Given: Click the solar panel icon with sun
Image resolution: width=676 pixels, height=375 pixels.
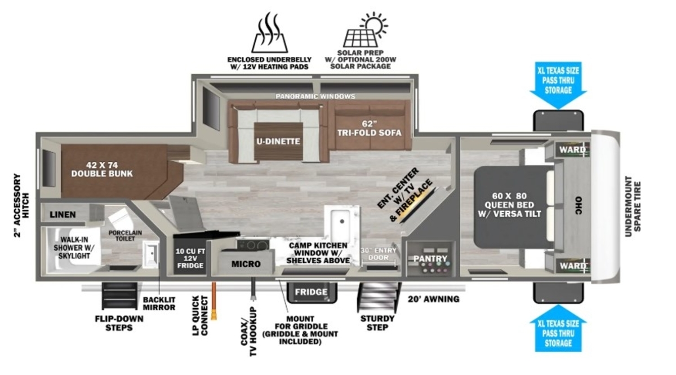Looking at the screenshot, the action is (365, 30).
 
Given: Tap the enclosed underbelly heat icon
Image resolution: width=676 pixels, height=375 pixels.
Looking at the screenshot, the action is (269, 33).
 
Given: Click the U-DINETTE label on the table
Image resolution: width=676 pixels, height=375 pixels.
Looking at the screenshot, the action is (278, 142).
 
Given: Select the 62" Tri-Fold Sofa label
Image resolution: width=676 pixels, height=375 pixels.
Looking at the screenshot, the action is (370, 129).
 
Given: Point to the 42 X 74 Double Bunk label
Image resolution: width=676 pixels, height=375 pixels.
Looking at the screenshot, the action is (102, 169).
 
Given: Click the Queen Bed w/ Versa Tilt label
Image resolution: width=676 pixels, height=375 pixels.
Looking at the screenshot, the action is (509, 205).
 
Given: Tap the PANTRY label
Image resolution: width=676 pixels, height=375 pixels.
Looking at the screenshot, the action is (430, 259).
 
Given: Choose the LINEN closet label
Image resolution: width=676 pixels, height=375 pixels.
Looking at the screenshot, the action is (63, 214).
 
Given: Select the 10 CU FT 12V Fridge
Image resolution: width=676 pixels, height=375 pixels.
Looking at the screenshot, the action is (190, 256).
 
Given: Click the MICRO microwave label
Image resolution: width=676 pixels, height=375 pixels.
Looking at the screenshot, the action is (246, 264).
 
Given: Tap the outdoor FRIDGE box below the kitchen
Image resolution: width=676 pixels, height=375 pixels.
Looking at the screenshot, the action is (312, 292).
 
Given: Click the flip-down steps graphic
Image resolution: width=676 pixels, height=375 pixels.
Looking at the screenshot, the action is (119, 296).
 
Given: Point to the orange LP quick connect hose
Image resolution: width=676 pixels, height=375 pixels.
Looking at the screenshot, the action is (214, 301).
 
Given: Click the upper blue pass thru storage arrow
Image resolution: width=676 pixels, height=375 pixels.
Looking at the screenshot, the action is (558, 85).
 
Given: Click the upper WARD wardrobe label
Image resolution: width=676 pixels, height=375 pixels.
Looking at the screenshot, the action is (572, 149).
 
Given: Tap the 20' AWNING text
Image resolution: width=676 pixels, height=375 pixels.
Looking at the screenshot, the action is (434, 299).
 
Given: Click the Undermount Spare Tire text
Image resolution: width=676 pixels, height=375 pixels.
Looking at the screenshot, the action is (633, 206).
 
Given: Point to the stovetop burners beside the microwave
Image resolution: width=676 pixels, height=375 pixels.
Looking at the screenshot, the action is (252, 245).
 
